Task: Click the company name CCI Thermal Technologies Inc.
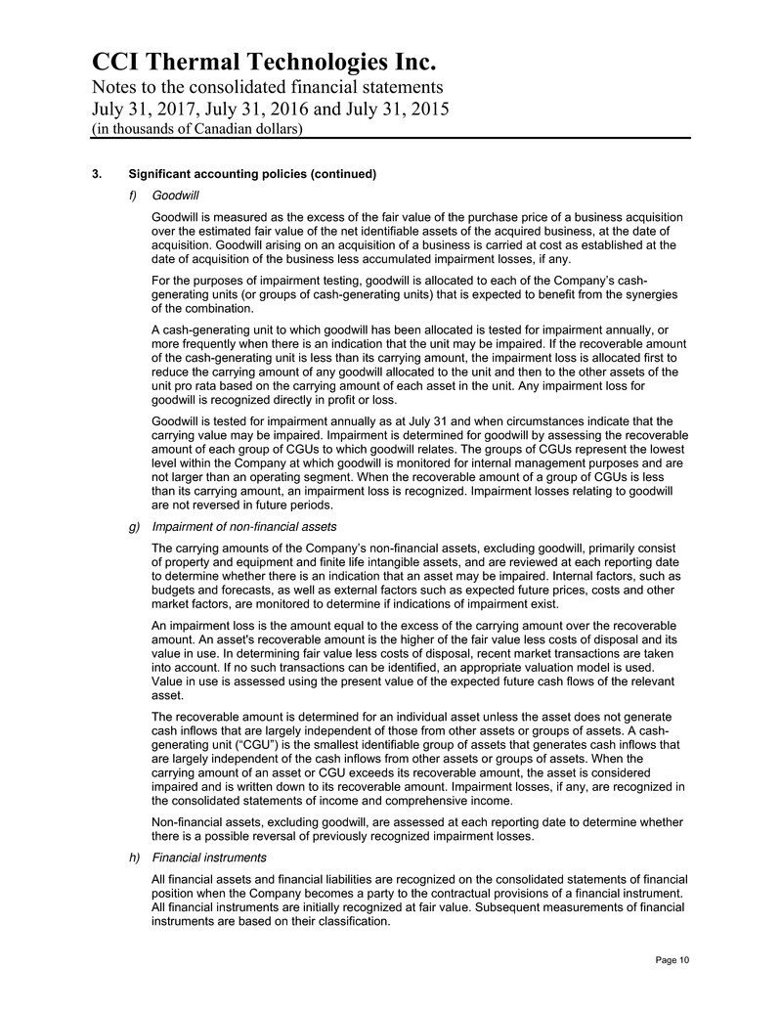[x=263, y=63]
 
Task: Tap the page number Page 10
[x=672, y=960]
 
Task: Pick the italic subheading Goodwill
[x=177, y=196]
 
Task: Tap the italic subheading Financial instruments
[x=210, y=857]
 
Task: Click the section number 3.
[x=94, y=175]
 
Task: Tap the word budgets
[x=176, y=591]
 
